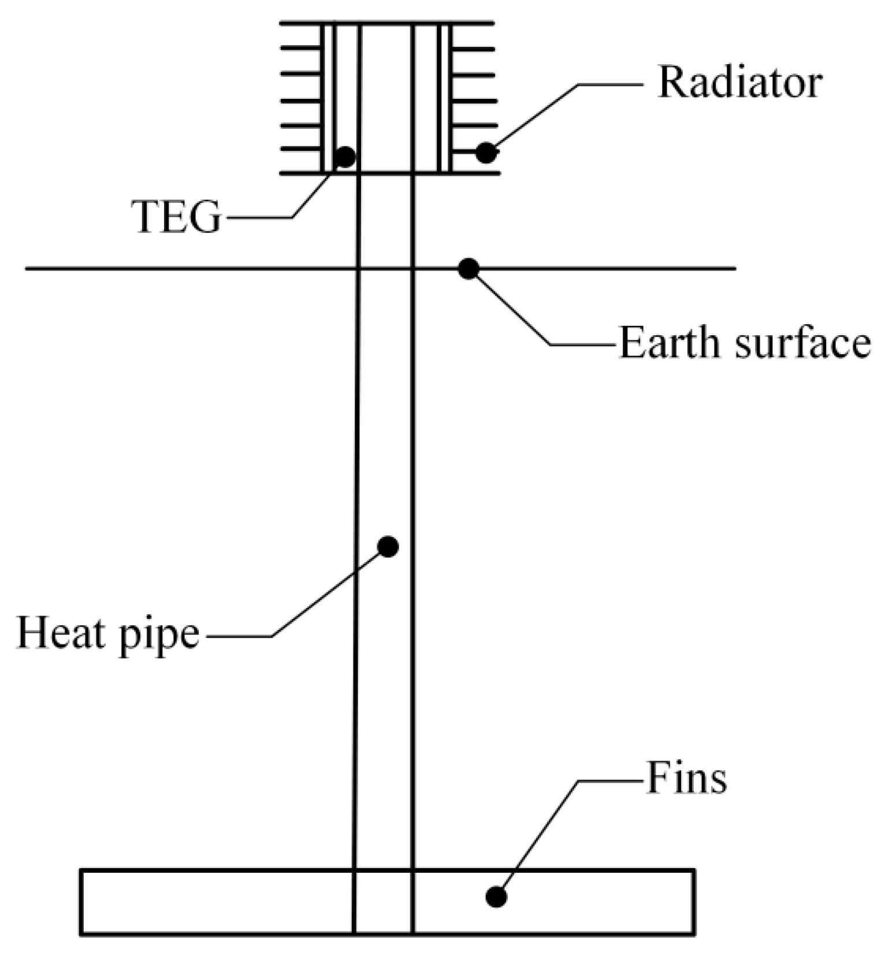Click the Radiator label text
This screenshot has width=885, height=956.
tap(739, 83)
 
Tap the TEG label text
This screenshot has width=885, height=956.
tap(177, 218)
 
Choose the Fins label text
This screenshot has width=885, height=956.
tap(686, 779)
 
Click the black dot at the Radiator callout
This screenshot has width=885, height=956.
tap(486, 153)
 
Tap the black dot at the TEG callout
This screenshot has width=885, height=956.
tap(345, 157)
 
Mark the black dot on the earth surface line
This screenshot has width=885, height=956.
tap(468, 269)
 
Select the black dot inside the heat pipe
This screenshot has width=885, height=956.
tap(388, 546)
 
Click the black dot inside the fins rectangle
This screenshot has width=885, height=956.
tap(496, 897)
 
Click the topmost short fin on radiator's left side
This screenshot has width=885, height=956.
tap(300, 49)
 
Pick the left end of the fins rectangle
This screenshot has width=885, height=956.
tap(81, 902)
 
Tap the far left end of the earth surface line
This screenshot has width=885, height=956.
tap(28, 269)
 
